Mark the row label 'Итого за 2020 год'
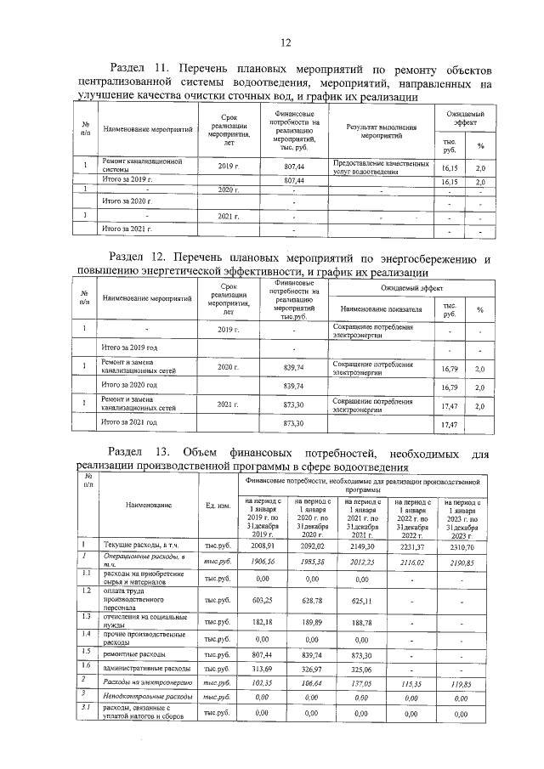[x=129, y=386]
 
